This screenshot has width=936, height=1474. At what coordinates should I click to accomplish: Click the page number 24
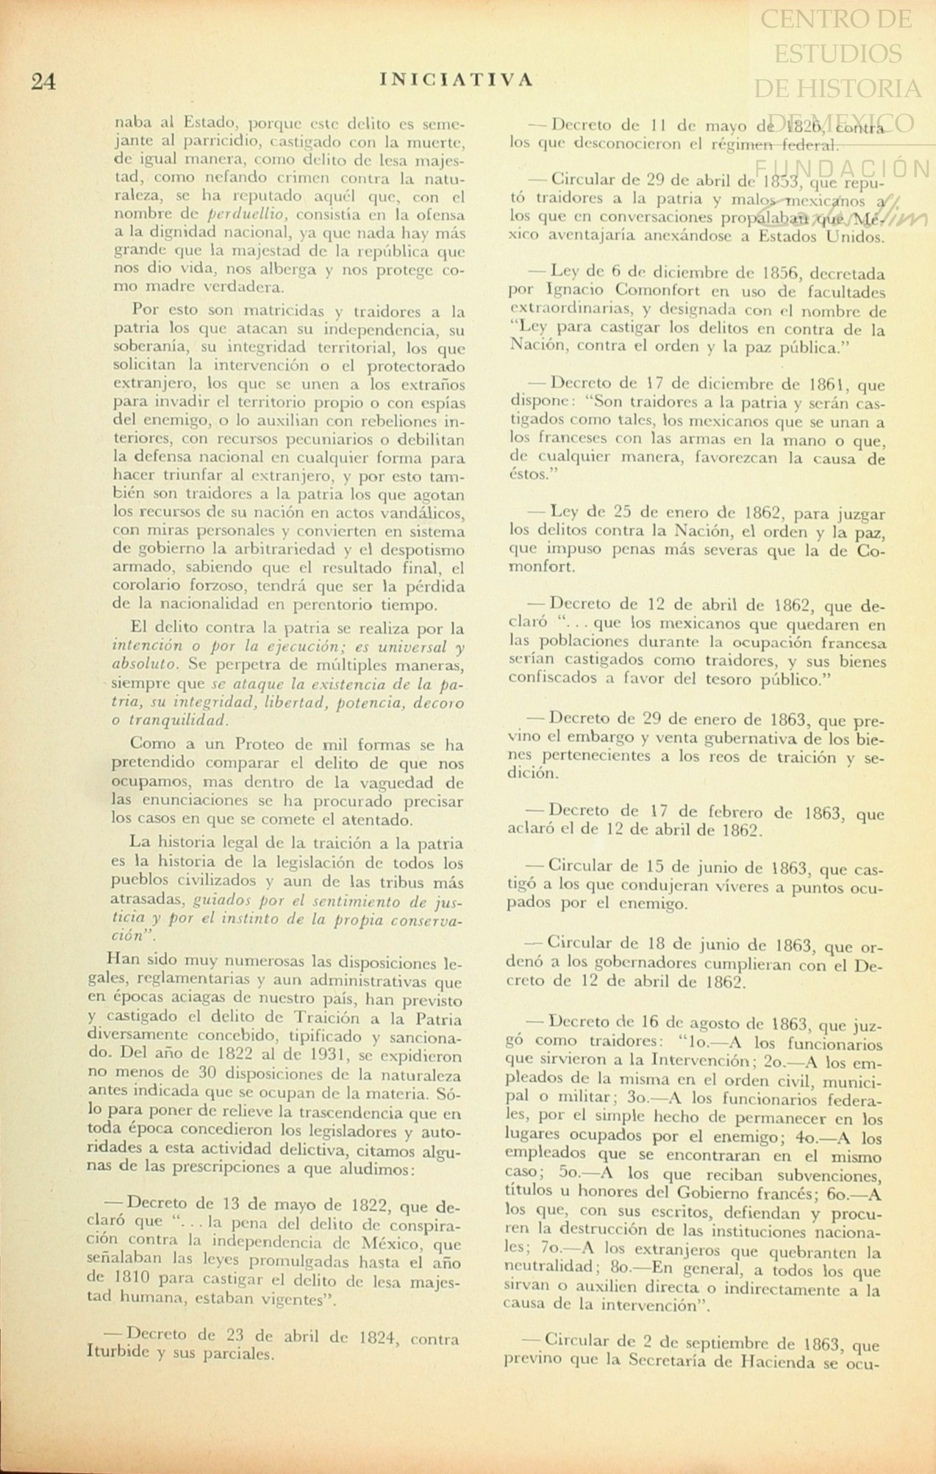(43, 82)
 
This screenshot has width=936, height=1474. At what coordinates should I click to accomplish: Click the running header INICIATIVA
(457, 79)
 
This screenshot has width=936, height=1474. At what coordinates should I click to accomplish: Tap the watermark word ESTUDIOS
(838, 53)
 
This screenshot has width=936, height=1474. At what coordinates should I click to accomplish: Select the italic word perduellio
(243, 215)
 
